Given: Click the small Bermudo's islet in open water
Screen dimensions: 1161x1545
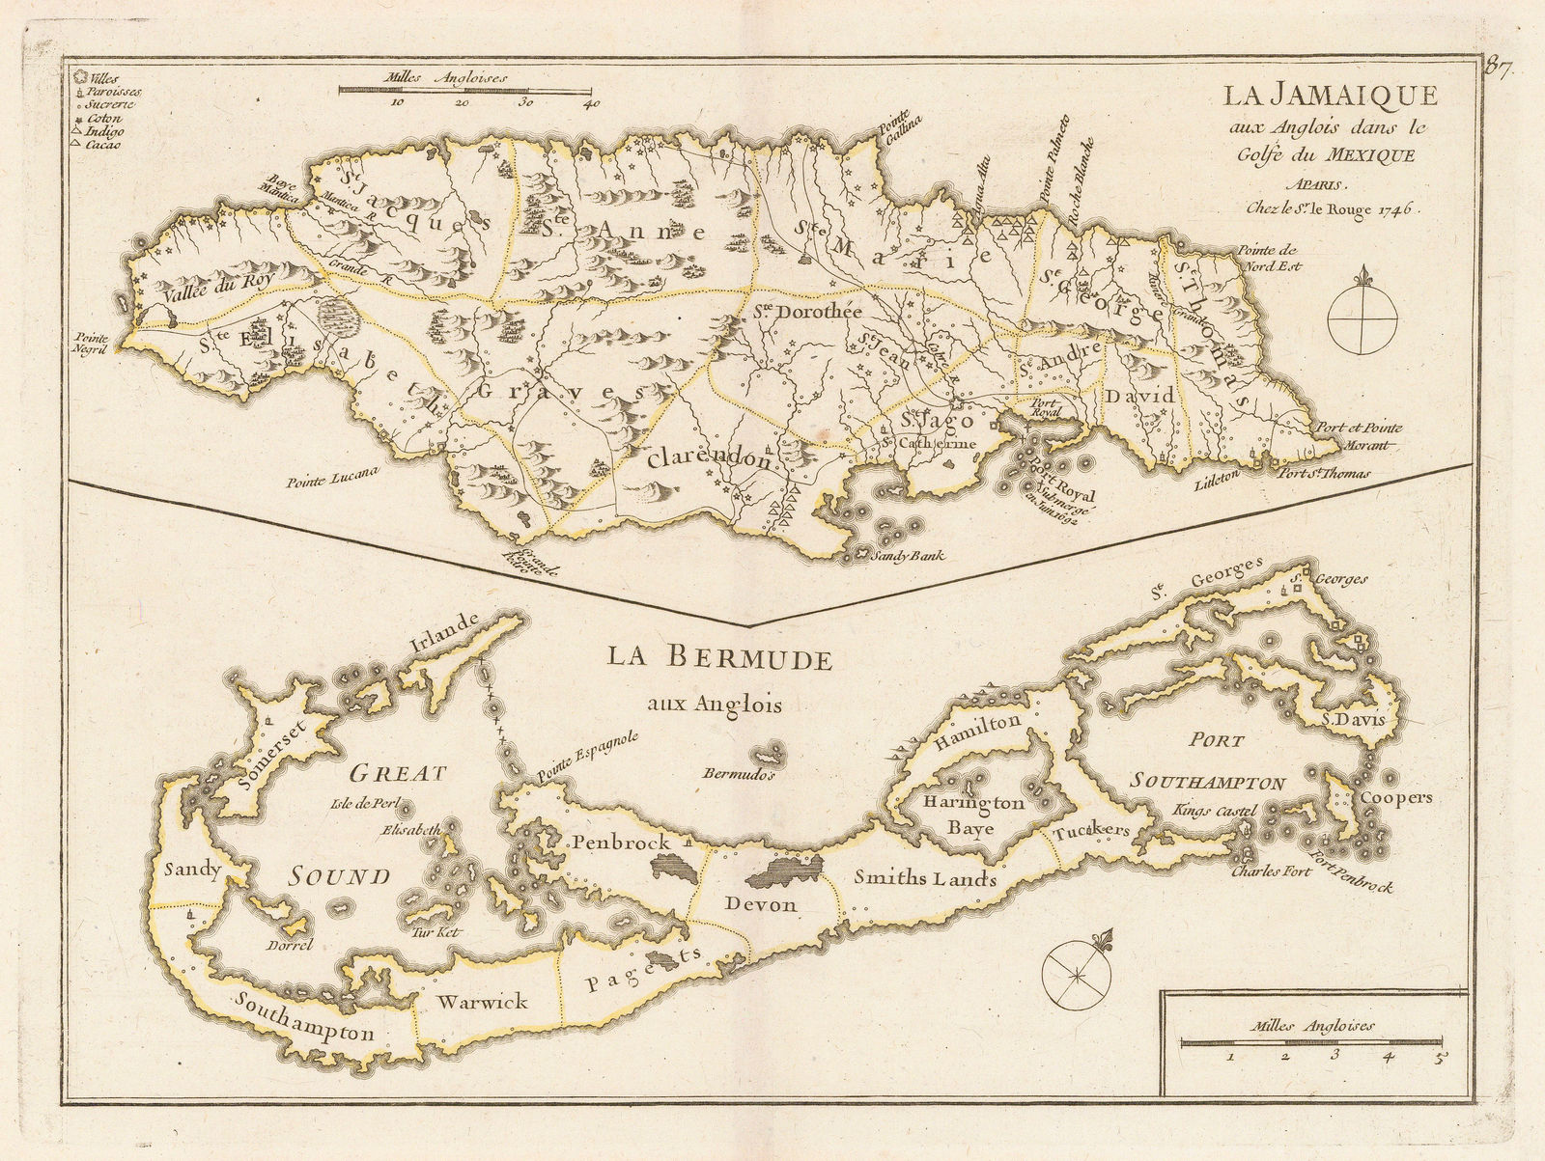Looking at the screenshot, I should [771, 754].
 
